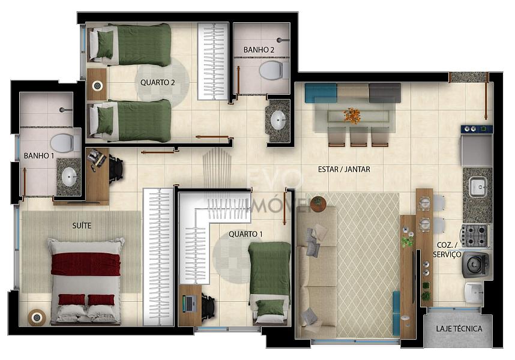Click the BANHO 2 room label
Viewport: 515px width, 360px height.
259,50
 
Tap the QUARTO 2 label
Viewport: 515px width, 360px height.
158,82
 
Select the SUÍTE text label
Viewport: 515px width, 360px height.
82,226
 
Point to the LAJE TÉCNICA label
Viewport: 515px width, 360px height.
459,328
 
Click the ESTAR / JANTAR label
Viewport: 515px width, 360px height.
344,169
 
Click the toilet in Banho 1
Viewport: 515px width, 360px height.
65,143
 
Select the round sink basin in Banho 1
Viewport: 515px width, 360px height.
69,177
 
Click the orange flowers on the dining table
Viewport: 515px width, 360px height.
352,116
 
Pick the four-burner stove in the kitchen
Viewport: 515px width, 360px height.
474,235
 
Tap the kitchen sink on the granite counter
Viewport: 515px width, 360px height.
478,187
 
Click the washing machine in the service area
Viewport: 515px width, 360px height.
476,264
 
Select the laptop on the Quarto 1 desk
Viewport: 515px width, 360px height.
190,303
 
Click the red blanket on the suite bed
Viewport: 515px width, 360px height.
86,264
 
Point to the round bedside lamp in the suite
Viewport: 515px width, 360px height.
37,317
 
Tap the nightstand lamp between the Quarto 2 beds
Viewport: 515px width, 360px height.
97,86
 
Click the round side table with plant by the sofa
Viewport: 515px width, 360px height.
318,204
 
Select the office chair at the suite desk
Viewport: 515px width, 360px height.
116,170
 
